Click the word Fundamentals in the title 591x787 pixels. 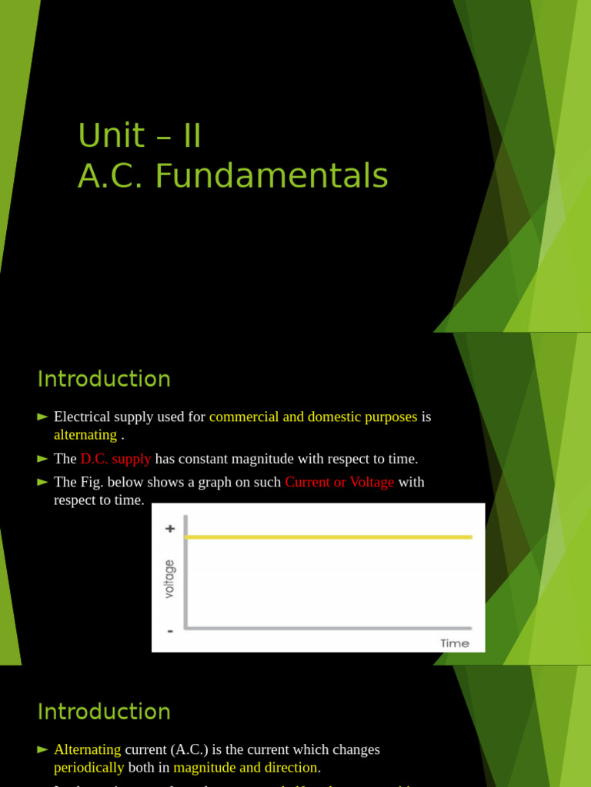272,176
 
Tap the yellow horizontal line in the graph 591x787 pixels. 329,536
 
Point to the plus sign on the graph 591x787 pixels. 170,529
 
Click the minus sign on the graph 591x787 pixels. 170,631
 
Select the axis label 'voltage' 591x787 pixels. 169,579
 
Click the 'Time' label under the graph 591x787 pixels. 454,643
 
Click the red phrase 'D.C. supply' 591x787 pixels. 115,459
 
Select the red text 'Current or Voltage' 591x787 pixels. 339,482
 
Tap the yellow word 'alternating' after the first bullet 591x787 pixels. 85,435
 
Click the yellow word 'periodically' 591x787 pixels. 88,767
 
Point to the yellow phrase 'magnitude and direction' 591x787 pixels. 245,767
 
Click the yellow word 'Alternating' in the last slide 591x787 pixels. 87,749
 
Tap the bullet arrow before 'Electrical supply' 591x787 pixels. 42,417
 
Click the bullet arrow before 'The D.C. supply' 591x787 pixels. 42,459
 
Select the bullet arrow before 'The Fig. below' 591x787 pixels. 42,482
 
